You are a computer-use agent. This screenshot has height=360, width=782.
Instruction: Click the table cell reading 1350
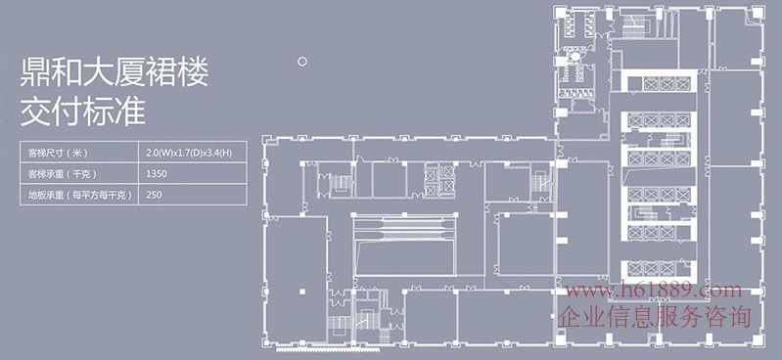[x=192, y=173]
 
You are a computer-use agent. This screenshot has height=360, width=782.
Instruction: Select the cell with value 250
[x=192, y=195]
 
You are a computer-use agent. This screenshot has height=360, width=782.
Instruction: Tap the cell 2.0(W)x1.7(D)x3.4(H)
[x=192, y=152]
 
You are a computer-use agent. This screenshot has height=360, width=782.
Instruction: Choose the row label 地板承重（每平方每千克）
[x=79, y=195]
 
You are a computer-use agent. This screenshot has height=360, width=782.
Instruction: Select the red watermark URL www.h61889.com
[x=654, y=291]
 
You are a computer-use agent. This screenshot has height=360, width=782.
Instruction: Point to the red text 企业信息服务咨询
[x=654, y=317]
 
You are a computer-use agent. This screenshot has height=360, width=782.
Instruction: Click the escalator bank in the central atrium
[x=404, y=227]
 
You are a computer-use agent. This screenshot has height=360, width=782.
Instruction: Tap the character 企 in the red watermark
[x=569, y=317]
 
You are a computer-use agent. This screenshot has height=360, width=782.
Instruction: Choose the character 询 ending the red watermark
[x=740, y=317]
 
